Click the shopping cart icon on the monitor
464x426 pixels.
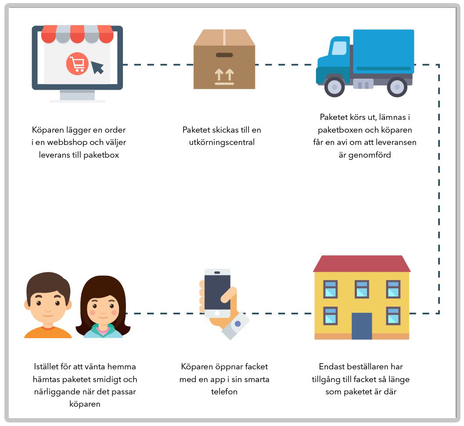click(x=77, y=65)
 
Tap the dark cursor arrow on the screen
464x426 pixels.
click(x=97, y=67)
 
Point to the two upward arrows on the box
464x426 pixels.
click(x=224, y=75)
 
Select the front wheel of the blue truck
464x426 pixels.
click(x=335, y=87)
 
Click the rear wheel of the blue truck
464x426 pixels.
click(x=397, y=87)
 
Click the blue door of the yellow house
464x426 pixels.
click(x=362, y=325)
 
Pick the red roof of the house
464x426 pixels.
click(x=362, y=264)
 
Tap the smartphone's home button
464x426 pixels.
click(x=217, y=313)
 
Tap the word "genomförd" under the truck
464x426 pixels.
click(x=365, y=155)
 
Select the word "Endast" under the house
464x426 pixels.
click(x=333, y=366)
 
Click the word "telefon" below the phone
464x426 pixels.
click(x=224, y=391)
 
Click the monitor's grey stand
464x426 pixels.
click(x=77, y=94)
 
